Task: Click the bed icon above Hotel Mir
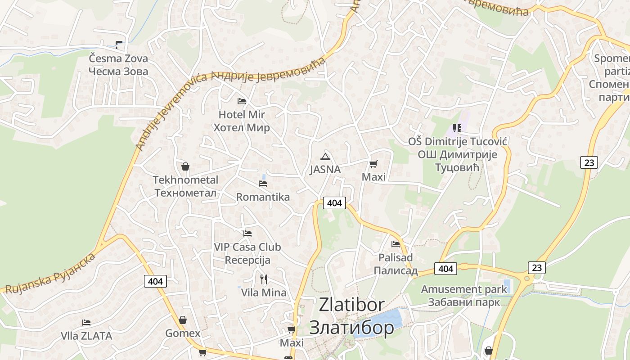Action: click(x=242, y=101)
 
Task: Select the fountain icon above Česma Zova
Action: click(x=119, y=45)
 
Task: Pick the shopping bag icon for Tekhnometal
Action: click(x=185, y=166)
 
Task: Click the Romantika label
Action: click(x=263, y=197)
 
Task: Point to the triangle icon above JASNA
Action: click(x=325, y=157)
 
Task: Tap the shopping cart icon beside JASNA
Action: click(x=373, y=164)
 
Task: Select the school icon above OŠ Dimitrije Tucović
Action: click(x=457, y=128)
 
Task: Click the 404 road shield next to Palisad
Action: click(x=445, y=269)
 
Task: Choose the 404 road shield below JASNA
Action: click(x=334, y=203)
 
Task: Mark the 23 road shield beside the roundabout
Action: click(x=537, y=268)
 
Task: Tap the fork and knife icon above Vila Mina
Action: click(x=264, y=279)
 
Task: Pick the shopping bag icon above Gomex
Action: click(x=183, y=320)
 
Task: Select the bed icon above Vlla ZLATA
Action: click(x=86, y=323)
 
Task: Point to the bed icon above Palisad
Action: click(x=396, y=244)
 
